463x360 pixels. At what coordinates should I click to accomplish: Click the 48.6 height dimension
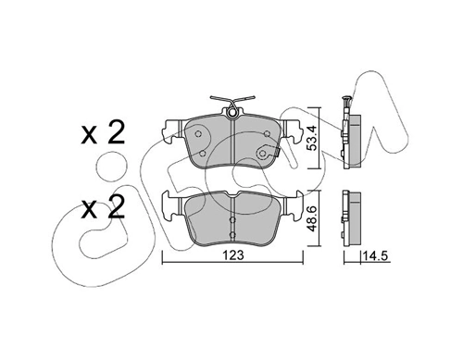[x=313, y=219]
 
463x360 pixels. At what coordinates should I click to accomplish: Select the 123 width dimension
[x=234, y=255]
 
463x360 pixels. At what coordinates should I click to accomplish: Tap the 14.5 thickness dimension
[x=376, y=255]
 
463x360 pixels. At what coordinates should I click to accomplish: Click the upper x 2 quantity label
[x=103, y=132]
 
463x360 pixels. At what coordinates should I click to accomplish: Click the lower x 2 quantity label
[x=103, y=207]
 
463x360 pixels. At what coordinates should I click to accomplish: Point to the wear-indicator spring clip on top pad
[x=232, y=101]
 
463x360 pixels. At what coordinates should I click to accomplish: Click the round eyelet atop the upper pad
[x=232, y=113]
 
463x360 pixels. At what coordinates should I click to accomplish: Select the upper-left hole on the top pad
[x=198, y=134]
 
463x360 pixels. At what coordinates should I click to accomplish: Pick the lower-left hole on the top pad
[x=203, y=154]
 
